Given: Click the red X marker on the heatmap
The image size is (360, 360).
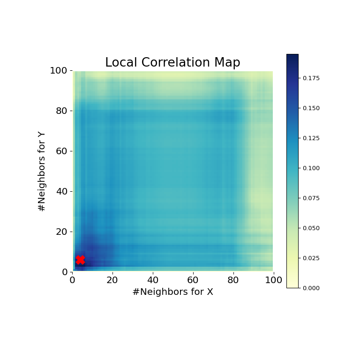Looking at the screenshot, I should point(80,260).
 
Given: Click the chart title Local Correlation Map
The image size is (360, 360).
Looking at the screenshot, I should point(172,63).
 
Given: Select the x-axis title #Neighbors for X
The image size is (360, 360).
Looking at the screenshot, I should point(172,292).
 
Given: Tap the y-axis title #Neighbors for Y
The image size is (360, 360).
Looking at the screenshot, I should point(42,172).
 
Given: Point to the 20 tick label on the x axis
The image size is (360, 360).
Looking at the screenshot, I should point(112,280).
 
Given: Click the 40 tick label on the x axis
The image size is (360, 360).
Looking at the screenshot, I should point(153,280).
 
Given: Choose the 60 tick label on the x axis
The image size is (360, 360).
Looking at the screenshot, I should point(193,280).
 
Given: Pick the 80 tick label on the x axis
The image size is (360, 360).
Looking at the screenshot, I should point(233,280).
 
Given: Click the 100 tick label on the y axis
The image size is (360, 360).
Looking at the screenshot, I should point(59,71).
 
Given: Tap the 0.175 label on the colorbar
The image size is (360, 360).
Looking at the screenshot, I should point(311,78).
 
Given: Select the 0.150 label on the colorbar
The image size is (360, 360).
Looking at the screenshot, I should point(311,108).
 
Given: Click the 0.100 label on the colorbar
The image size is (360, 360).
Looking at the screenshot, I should point(311,168).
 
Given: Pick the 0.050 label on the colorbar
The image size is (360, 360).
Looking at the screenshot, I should point(311,228).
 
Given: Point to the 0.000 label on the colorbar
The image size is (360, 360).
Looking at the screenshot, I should point(311,288).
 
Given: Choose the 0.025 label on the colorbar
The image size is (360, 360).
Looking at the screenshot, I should point(311,258).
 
